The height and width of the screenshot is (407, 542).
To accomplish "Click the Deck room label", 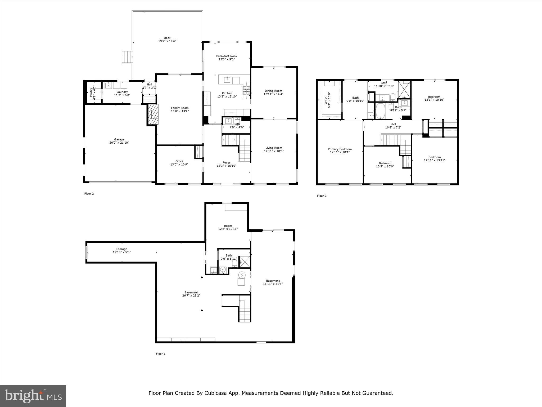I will tap(167, 38).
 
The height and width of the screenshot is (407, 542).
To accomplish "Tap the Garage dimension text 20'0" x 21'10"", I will tap(119, 143).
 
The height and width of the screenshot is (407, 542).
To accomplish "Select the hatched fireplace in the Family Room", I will tap(153, 114).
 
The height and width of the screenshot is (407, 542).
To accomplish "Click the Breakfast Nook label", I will tap(227, 56).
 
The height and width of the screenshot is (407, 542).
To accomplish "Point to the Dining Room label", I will tap(273, 91).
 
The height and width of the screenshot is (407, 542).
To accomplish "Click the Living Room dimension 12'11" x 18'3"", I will tap(274, 151).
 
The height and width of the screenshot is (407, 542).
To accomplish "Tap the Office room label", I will tap(179, 161).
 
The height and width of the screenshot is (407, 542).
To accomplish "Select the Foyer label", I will tap(226, 163).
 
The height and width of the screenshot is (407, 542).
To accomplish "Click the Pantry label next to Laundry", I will tap(91, 92).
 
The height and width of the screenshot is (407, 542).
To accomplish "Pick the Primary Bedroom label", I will tap(340, 149).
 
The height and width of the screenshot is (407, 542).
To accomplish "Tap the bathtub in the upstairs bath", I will tap(380, 111).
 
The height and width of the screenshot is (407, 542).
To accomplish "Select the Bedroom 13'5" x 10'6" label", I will tap(385, 163).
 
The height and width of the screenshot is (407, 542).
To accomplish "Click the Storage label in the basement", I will tap(122, 249).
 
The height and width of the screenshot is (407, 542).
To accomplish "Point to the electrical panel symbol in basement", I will tap(242, 275).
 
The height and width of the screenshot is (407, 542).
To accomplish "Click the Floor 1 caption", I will tap(161, 354).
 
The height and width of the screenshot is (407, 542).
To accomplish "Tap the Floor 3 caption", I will tap(322, 196).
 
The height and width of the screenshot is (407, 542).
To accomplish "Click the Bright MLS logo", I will tap(33, 396).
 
